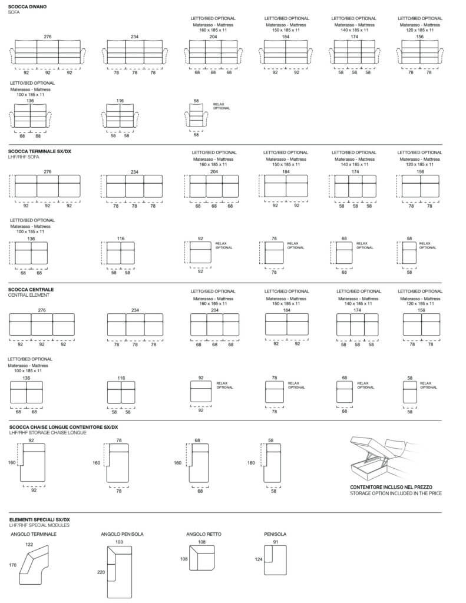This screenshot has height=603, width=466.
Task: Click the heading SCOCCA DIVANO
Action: click(28, 6)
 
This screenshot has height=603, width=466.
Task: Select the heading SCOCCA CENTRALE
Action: click(31, 290)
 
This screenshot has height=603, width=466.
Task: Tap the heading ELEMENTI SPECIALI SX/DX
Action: click(39, 519)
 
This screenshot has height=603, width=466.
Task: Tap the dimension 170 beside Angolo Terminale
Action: click(12, 565)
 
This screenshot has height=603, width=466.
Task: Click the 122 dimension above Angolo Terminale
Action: click(29, 545)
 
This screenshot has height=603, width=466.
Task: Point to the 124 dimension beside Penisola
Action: click(258, 559)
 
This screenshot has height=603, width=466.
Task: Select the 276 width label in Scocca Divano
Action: click(48, 37)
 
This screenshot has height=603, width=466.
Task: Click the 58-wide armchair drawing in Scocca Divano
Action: click(196, 117)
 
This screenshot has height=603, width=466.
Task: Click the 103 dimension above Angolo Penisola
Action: click(119, 541)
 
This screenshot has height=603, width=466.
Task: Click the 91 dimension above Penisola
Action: click(276, 541)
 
